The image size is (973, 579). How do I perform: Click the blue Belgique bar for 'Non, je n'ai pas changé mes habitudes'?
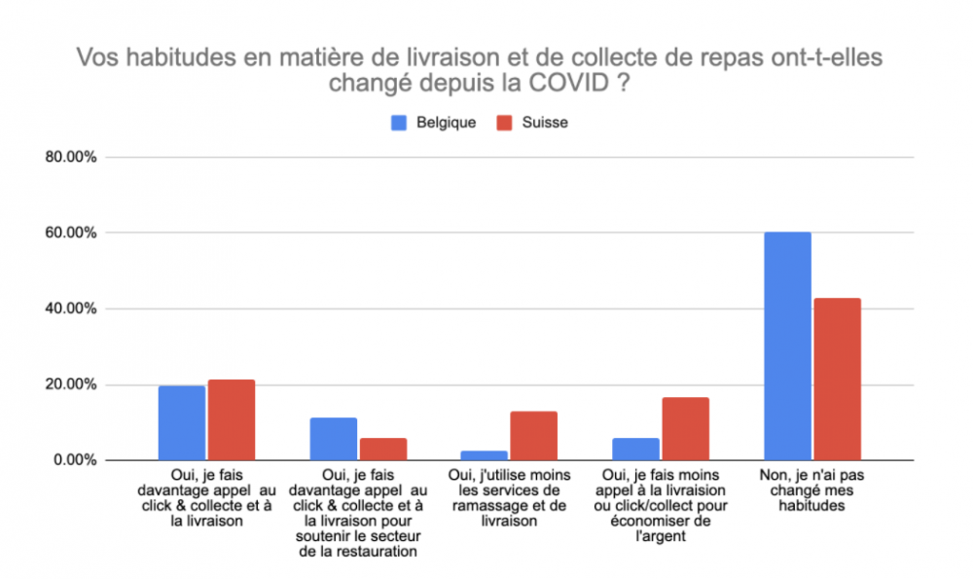[787, 345]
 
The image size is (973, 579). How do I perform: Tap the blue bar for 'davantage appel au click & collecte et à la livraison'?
[182, 422]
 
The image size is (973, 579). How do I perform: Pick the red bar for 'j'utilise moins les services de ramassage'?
[534, 435]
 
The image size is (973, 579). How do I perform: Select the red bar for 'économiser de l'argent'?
[685, 428]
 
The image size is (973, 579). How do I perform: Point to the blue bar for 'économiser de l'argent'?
[635, 449]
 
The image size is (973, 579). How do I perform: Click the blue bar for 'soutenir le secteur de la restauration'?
[333, 438]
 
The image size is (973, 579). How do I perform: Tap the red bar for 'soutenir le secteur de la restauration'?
[383, 449]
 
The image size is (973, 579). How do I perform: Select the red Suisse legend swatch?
[504, 124]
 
